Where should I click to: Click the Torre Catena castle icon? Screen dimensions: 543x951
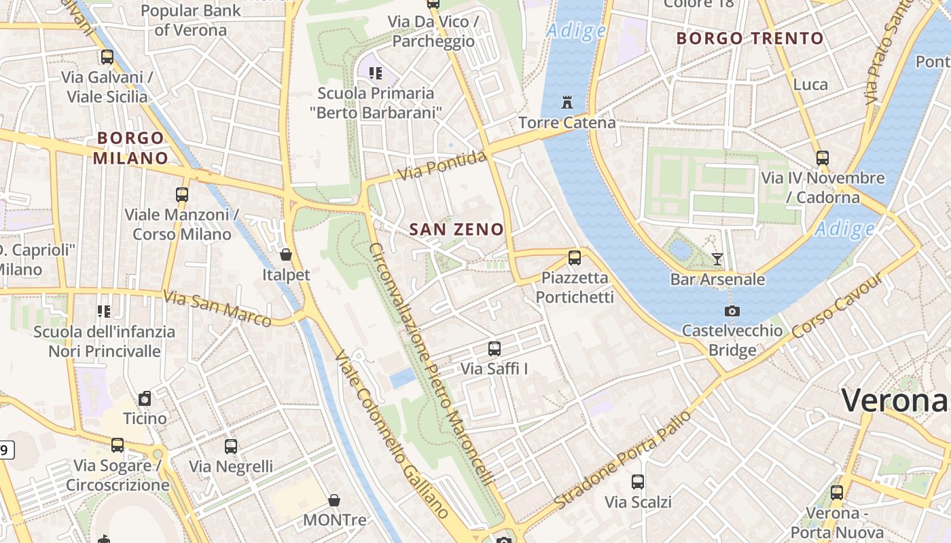567,102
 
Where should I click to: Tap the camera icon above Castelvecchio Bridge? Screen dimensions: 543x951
732,311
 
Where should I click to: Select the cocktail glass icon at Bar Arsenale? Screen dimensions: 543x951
717,259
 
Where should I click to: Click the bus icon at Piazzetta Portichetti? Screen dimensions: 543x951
575,257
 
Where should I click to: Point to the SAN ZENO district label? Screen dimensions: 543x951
456,229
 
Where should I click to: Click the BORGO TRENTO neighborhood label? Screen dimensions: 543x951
750,38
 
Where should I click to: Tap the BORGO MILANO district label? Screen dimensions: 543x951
130,148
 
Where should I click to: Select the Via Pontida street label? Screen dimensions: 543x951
442,166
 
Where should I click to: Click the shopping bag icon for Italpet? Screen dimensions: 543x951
286,255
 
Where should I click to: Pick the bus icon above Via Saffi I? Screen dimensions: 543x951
495,349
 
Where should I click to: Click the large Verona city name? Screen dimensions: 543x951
894,400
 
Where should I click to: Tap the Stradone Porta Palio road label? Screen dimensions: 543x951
623,459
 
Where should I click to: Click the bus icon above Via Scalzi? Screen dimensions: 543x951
638,482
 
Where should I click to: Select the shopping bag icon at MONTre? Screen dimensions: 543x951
334,500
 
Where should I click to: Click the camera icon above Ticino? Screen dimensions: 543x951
145,398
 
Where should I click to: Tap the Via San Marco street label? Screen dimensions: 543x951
217,307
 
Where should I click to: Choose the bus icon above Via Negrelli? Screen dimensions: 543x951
231,447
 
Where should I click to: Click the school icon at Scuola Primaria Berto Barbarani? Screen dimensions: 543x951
376,73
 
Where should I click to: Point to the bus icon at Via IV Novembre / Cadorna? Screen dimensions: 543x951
823,158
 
